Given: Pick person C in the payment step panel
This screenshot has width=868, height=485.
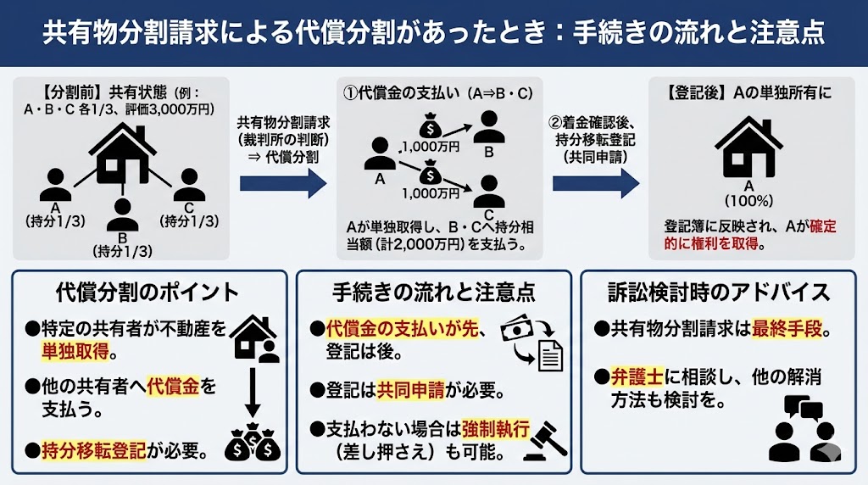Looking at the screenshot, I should (x=489, y=188).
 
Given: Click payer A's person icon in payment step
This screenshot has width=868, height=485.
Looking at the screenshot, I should (x=380, y=153).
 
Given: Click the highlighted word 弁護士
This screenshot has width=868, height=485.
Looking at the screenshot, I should (x=637, y=376).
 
